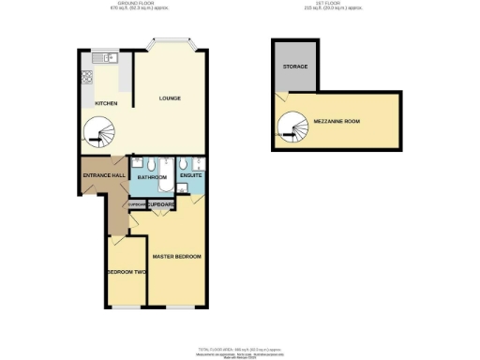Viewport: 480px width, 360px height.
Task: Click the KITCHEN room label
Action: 105,103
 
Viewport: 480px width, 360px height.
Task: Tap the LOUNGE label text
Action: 170,97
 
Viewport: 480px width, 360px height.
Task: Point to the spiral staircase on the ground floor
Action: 97,133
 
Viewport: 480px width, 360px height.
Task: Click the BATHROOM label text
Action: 152,176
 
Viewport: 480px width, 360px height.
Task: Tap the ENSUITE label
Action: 191,175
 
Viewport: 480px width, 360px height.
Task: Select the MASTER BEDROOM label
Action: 177,256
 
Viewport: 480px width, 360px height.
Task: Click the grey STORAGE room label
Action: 295,67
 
